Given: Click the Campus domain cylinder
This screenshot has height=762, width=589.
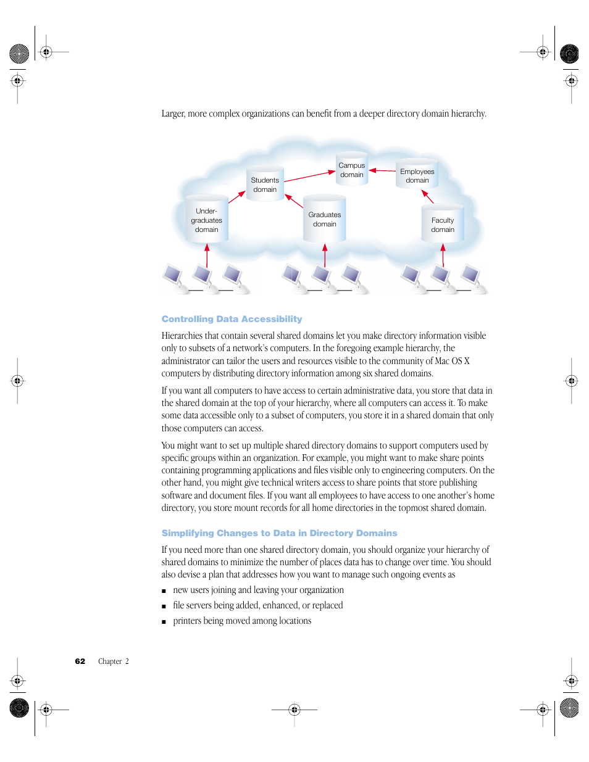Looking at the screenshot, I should (352, 170).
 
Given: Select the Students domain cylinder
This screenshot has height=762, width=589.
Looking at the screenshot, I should (265, 184).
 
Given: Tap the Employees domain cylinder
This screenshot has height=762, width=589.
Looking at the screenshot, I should (417, 176).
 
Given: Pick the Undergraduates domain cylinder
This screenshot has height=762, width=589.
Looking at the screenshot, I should (206, 220).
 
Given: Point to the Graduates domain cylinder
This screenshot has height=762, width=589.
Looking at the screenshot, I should (324, 219).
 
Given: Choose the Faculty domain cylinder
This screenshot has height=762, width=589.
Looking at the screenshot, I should (442, 225).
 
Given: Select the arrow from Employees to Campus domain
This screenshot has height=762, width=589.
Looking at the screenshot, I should (382, 170).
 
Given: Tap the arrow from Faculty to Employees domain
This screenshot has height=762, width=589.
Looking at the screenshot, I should (427, 197).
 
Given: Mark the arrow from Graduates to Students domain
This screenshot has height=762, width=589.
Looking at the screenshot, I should (294, 201).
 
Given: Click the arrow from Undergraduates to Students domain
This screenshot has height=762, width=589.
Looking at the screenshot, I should (237, 197).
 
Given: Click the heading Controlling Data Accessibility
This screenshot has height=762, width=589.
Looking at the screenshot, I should (232, 319).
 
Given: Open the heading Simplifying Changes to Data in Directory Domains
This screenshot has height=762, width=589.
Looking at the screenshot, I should (279, 533).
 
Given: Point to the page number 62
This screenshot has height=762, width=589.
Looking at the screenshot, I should (80, 661).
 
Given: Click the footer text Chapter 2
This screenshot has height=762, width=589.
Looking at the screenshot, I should (114, 661).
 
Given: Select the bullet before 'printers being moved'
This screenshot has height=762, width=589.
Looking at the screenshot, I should (164, 622).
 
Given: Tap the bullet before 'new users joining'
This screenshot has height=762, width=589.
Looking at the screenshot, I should (164, 591).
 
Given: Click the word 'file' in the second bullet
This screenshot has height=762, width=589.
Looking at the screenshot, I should (178, 605).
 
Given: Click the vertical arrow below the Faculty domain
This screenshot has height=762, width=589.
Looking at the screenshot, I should (443, 255).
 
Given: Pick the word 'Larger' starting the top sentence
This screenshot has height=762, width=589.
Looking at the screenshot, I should (173, 114).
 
